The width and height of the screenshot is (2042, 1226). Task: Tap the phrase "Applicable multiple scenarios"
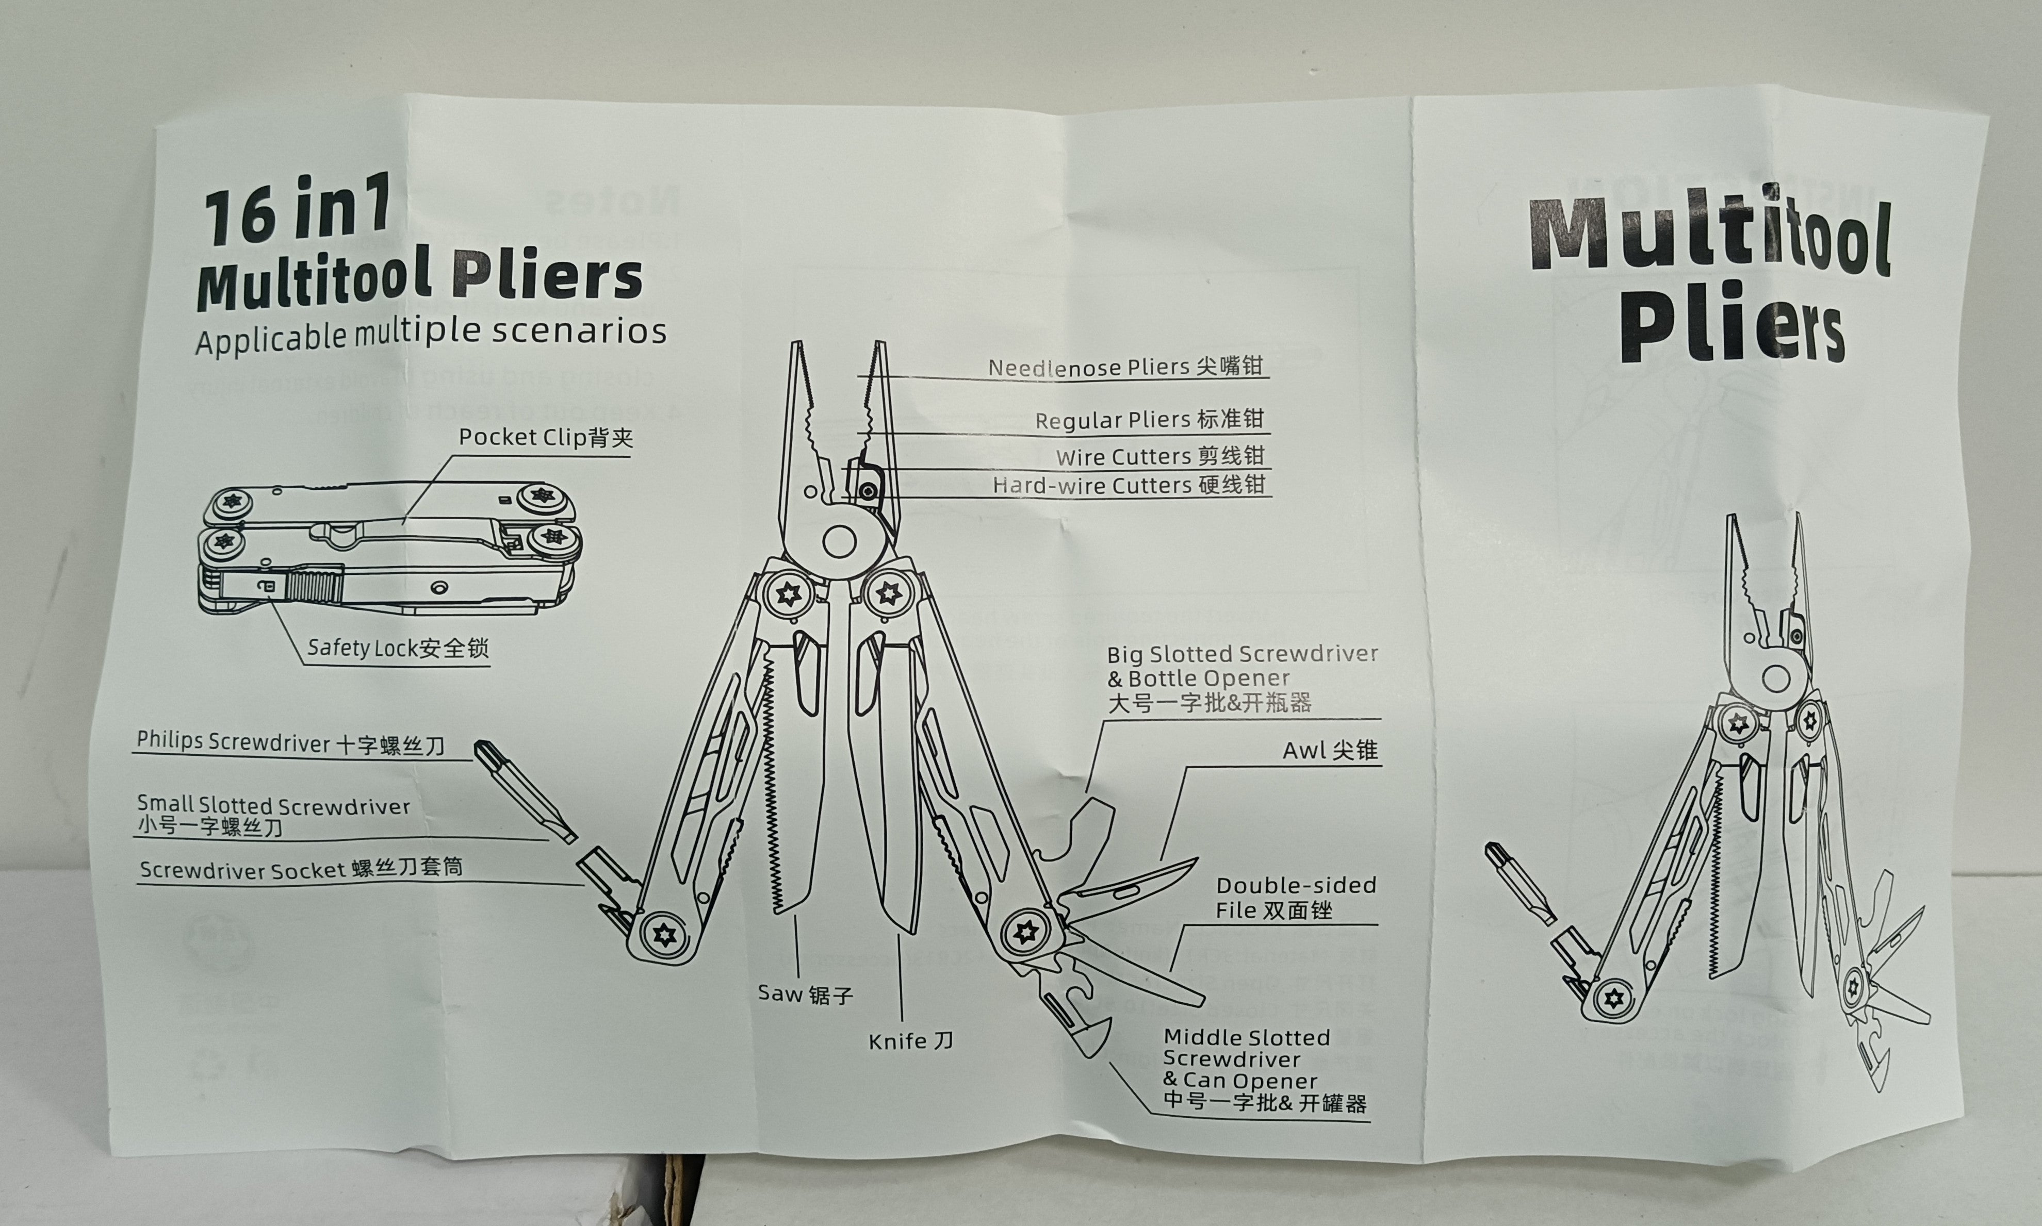(431, 333)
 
